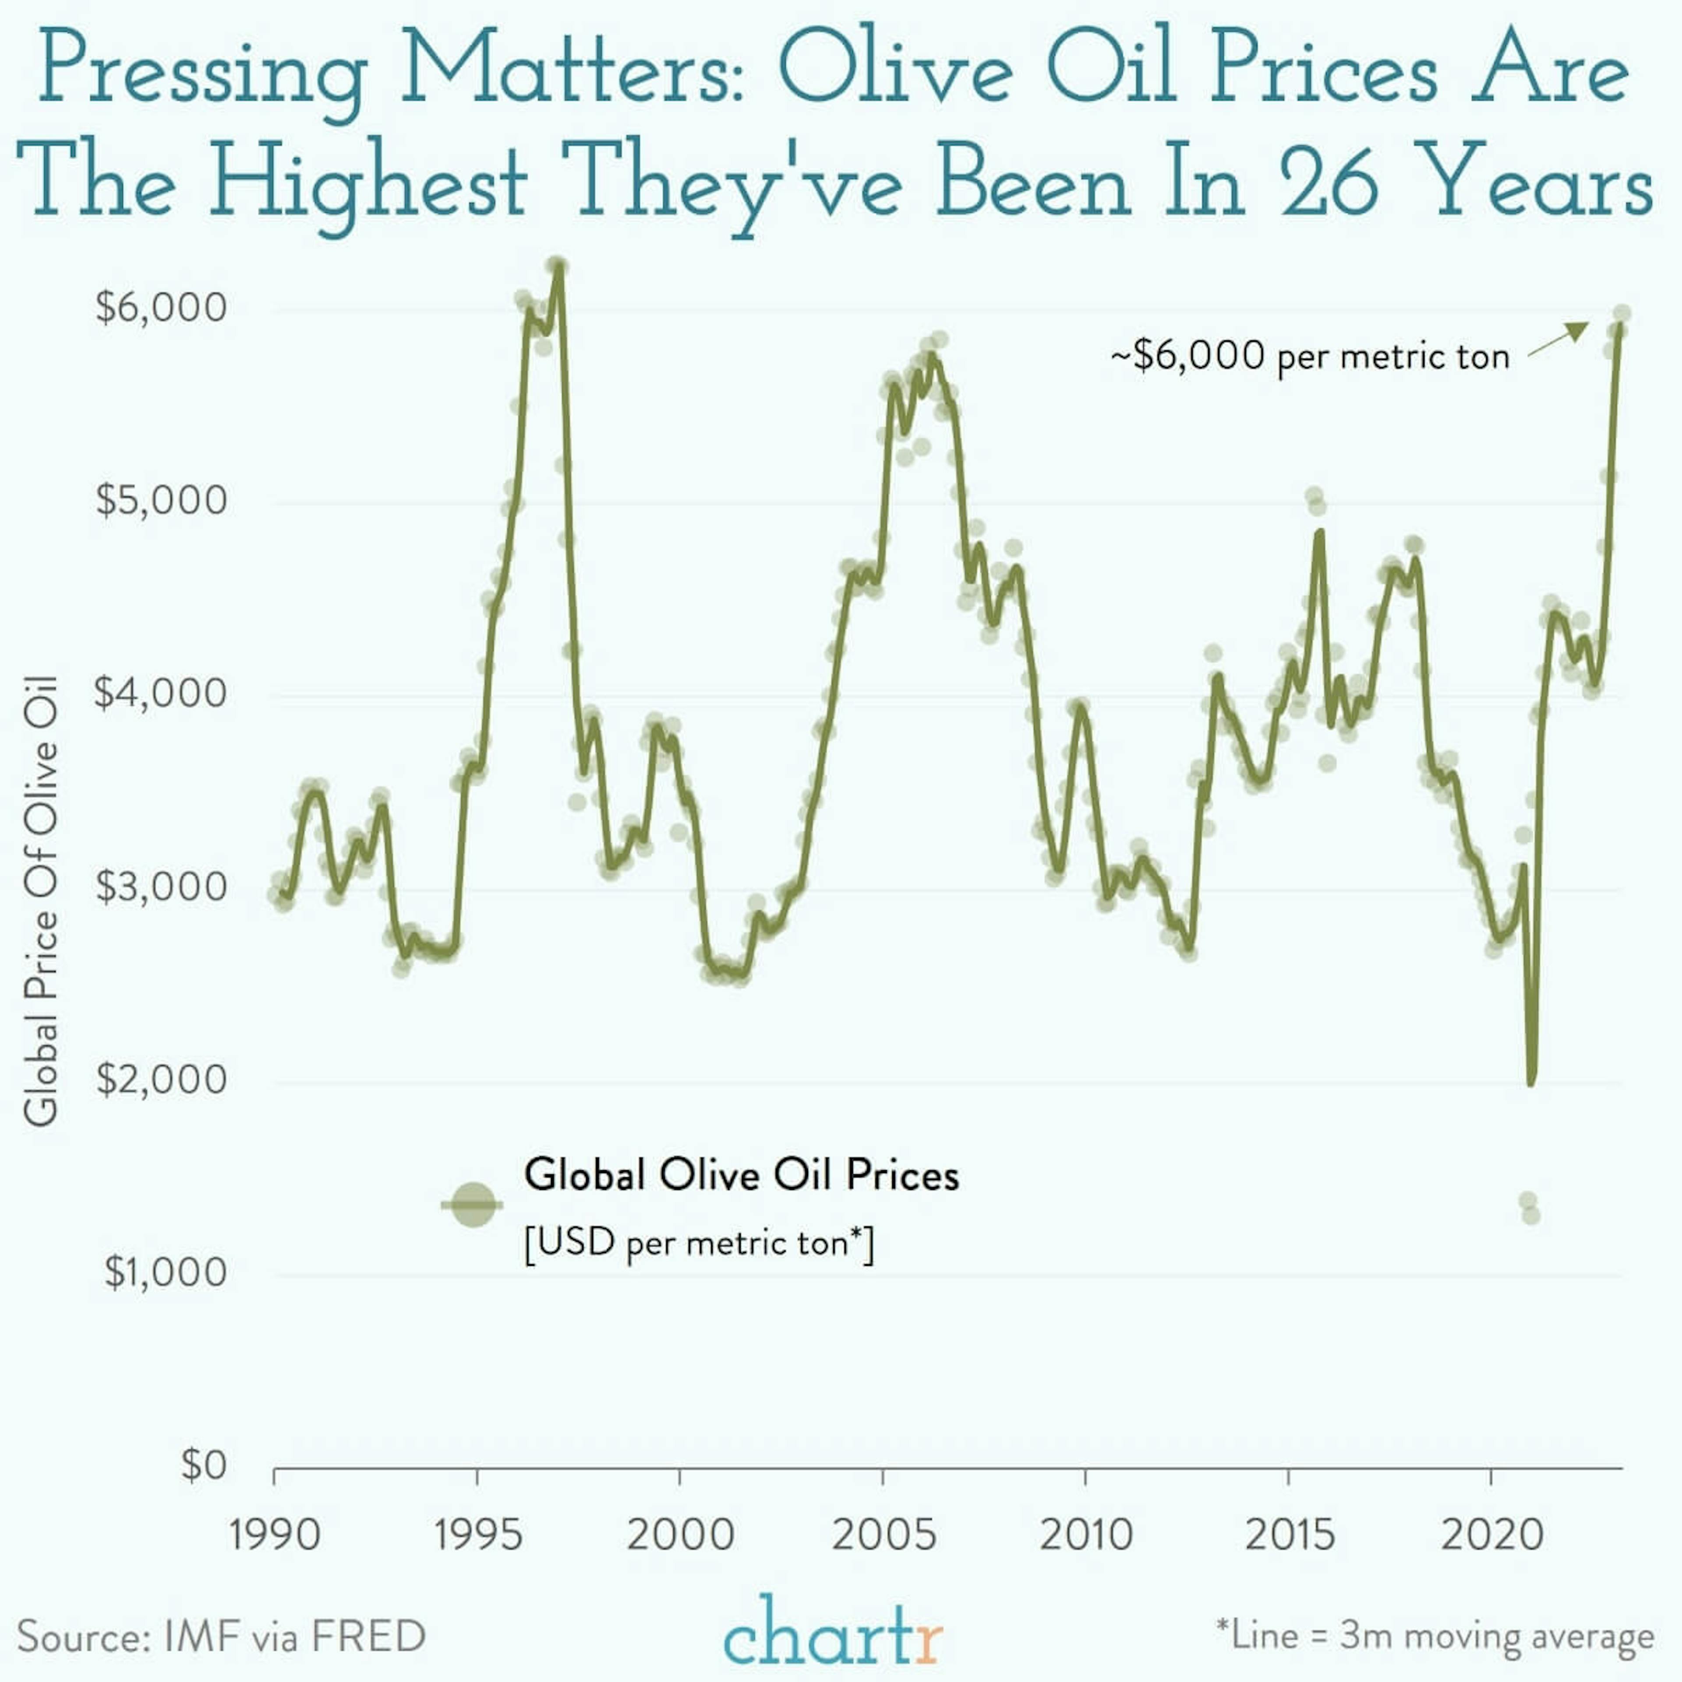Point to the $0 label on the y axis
[203, 1465]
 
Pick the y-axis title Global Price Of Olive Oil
[41, 901]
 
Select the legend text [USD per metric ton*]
[699, 1242]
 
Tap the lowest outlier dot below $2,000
[1531, 1215]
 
